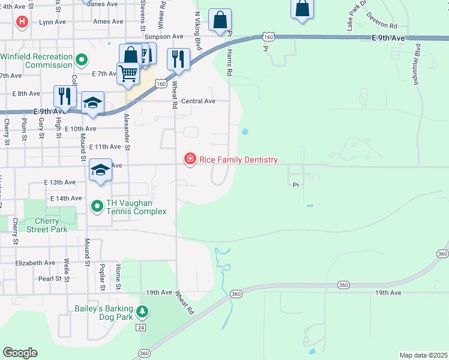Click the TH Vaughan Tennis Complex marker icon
97,206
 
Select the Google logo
20,352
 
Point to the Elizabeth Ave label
35,263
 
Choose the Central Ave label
198,101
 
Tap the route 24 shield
140,328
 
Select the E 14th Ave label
66,198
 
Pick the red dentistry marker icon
190,159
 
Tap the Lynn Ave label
52,22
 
